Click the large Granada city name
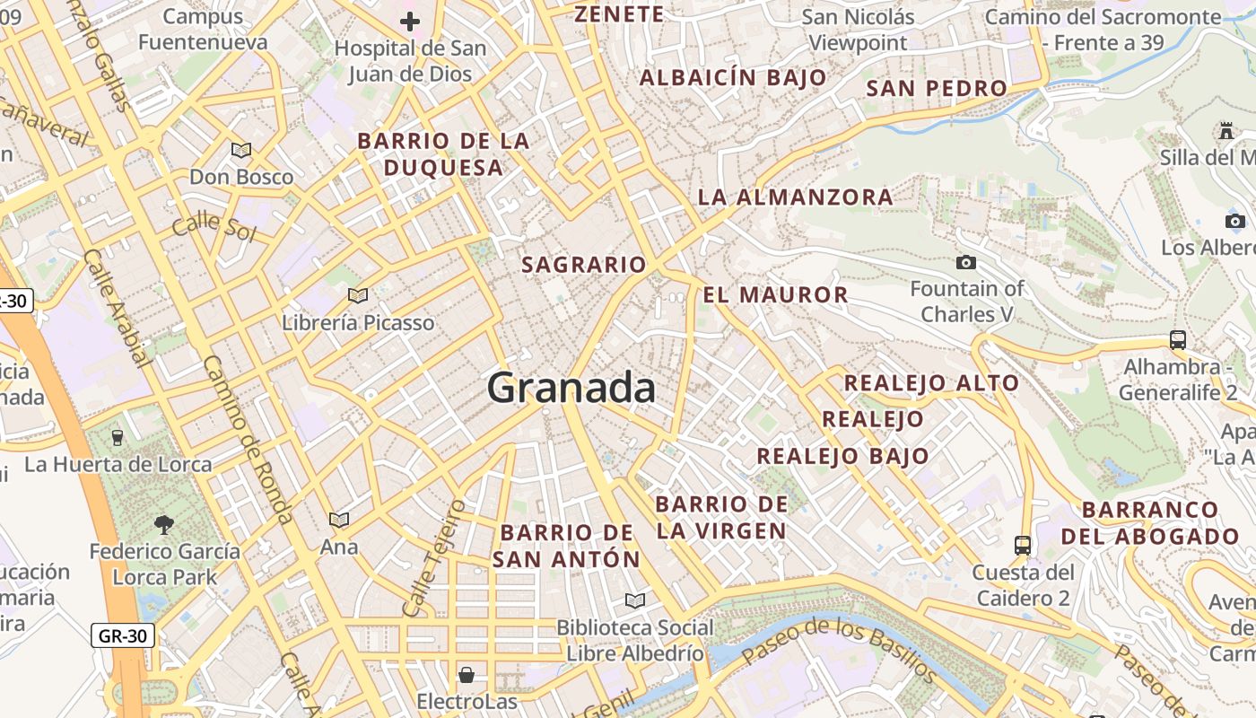pyautogui.click(x=571, y=389)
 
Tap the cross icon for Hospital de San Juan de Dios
pyautogui.click(x=410, y=22)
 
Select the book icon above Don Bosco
pyautogui.click(x=241, y=150)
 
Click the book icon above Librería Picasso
pyautogui.click(x=358, y=295)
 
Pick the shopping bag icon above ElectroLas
pyautogui.click(x=467, y=674)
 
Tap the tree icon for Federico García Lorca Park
pyautogui.click(x=163, y=524)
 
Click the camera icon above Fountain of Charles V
pyautogui.click(x=966, y=262)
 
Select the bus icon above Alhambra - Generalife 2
pyautogui.click(x=1178, y=340)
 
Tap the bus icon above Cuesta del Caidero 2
pyautogui.click(x=1023, y=545)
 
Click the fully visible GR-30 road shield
pyautogui.click(x=123, y=636)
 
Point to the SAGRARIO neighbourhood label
pyautogui.click(x=584, y=265)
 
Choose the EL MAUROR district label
pyautogui.click(x=775, y=294)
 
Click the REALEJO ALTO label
pyautogui.click(x=931, y=383)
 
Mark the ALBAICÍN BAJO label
pyautogui.click(x=733, y=77)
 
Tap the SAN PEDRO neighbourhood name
pyautogui.click(x=937, y=88)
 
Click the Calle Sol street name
pyautogui.click(x=214, y=227)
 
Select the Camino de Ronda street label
pyautogui.click(x=248, y=440)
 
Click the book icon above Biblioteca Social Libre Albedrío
pyautogui.click(x=635, y=600)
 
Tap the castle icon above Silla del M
pyautogui.click(x=1226, y=131)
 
